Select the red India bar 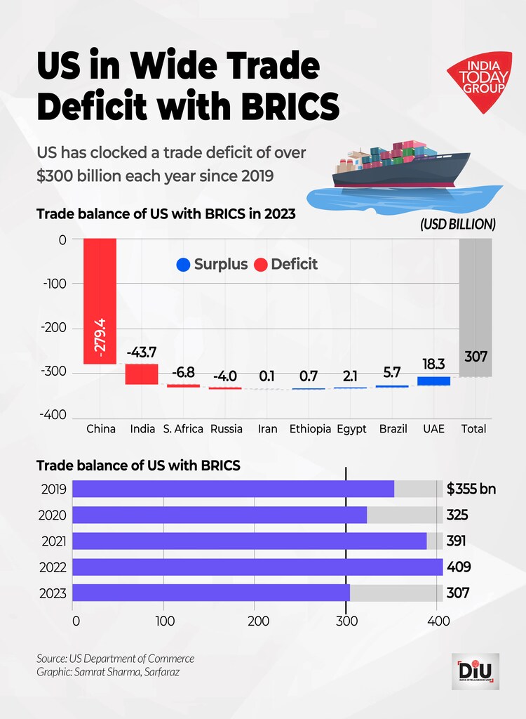pyautogui.click(x=142, y=374)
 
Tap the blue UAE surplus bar pyautogui.click(x=433, y=381)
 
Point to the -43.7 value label pyautogui.click(x=142, y=351)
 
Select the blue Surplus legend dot pyautogui.click(x=183, y=265)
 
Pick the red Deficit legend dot pyautogui.click(x=260, y=265)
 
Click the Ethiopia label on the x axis pyautogui.click(x=310, y=428)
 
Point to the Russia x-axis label pyautogui.click(x=226, y=428)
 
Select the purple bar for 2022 pyautogui.click(x=257, y=567)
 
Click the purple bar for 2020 pyautogui.click(x=220, y=515)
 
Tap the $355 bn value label pyautogui.click(x=471, y=489)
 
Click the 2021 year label pyautogui.click(x=53, y=541)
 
